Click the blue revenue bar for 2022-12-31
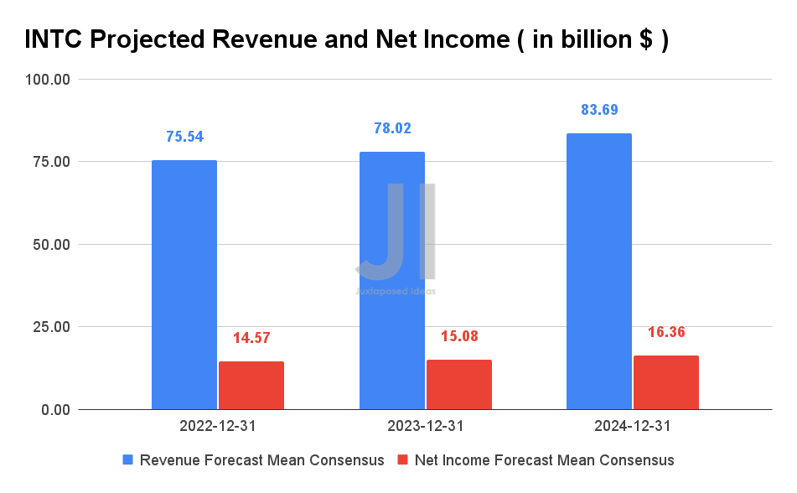click(x=184, y=285)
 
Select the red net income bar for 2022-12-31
click(x=251, y=386)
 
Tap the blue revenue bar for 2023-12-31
click(x=391, y=281)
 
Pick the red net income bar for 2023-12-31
click(x=459, y=385)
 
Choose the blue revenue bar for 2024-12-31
click(x=599, y=272)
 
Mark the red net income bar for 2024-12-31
click(x=666, y=382)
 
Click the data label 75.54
click(x=184, y=137)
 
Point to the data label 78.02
click(x=392, y=128)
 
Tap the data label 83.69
click(x=599, y=110)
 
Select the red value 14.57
click(x=251, y=338)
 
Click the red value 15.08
click(x=459, y=336)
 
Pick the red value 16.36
click(x=666, y=332)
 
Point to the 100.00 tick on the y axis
click(x=48, y=80)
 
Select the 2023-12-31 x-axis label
click(x=426, y=426)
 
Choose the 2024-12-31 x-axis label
click(x=633, y=426)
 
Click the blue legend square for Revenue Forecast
click(x=128, y=460)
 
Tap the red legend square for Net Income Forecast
click(x=401, y=460)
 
